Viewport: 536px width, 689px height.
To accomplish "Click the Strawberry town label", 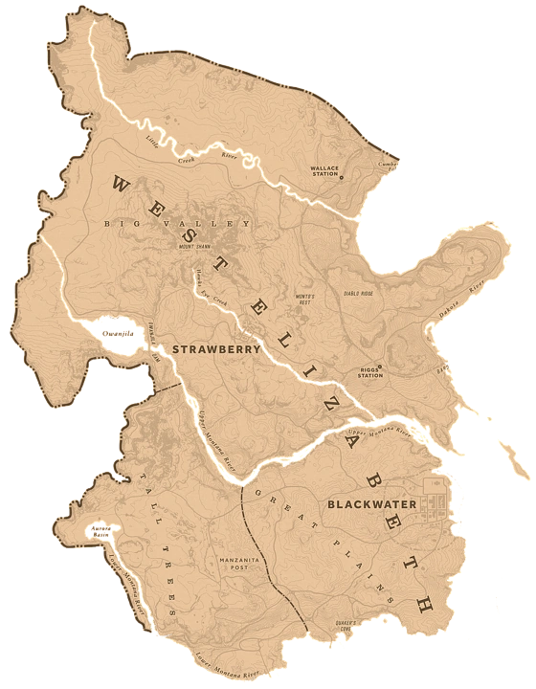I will pos(216,350).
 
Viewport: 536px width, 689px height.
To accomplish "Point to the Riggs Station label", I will pos(369,372).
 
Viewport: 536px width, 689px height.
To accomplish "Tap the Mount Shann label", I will pos(193,246).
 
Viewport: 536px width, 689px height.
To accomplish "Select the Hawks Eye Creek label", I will pos(206,290).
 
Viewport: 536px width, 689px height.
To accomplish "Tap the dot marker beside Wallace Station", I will pos(341,177).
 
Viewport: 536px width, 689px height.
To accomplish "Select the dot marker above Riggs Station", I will pos(379,366).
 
